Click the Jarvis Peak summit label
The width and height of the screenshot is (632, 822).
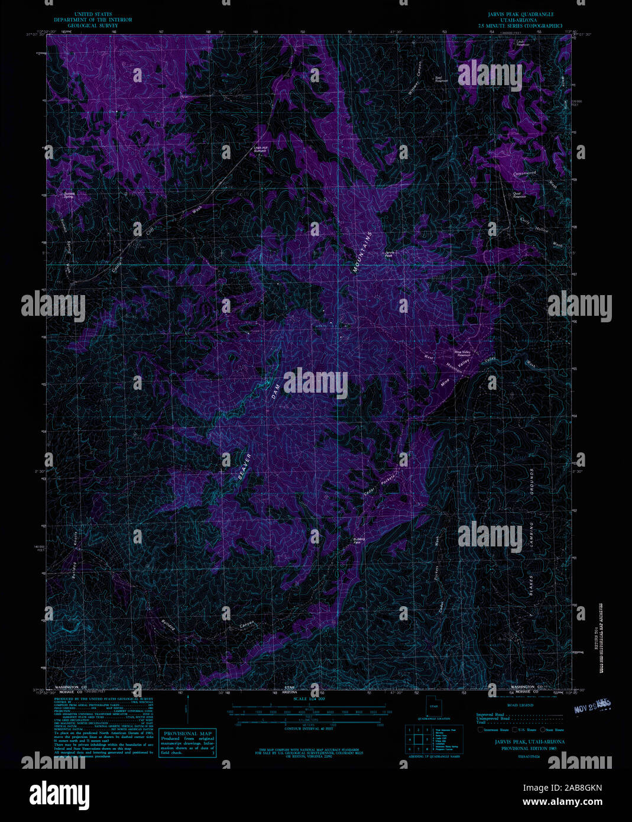tap(388, 254)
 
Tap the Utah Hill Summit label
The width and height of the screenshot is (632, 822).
tap(260, 149)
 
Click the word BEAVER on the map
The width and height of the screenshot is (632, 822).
tap(245, 469)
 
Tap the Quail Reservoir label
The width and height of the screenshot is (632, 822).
tap(519, 195)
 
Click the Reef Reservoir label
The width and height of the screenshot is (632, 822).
tap(442, 79)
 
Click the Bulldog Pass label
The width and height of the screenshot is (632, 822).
tap(359, 541)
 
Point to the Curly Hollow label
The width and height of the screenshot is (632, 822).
tap(534, 225)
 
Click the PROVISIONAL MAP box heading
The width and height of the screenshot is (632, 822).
tap(187, 733)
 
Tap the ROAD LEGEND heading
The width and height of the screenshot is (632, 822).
tap(520, 706)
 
